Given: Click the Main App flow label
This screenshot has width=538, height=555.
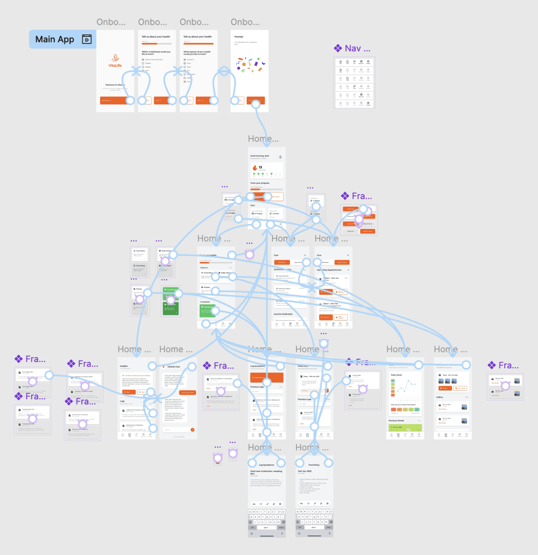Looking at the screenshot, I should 55,39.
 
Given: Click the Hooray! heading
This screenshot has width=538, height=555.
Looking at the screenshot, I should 239,36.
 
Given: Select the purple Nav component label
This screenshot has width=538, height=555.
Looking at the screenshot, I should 357,48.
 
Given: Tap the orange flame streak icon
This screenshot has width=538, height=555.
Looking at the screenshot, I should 255,168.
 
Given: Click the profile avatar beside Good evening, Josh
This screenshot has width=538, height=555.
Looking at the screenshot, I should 280,157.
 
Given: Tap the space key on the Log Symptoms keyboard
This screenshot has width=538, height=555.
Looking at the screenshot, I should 266,527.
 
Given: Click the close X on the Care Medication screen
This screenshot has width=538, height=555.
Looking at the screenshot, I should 305,255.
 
